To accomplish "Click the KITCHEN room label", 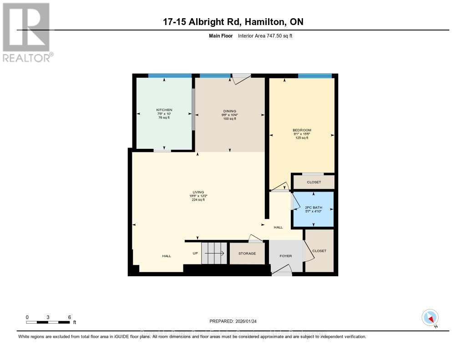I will tap(164, 110).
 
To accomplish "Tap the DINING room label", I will tap(229, 111).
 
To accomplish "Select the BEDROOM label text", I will tap(301, 130).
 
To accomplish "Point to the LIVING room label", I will tap(198, 192).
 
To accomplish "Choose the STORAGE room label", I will tap(247, 254).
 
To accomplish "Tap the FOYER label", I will tap(285, 256).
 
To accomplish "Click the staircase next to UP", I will tap(214, 253).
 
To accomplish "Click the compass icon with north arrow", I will tap(430, 317).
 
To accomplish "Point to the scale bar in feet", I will tap(48, 322).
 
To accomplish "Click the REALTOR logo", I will tap(26, 32).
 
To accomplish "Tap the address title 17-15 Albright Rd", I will tap(233, 22).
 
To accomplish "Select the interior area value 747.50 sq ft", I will tap(265, 35).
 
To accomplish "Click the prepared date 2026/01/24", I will tap(233, 321).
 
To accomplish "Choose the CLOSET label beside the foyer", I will tap(319, 251).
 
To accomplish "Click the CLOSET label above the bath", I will tap(314, 182).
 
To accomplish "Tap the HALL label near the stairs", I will tap(167, 256).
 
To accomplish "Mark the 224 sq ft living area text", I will tap(198, 200).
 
